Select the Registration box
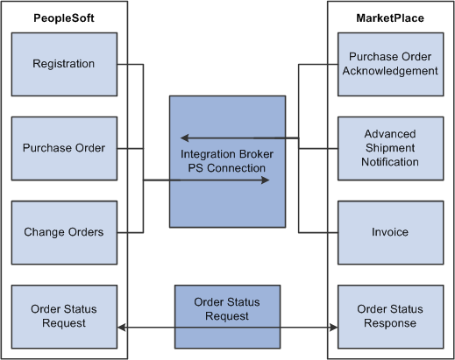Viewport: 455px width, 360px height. (x=63, y=64)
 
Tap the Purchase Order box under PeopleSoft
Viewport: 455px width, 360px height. (x=63, y=148)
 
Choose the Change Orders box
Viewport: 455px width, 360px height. (x=63, y=232)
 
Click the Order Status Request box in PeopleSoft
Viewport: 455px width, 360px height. (x=63, y=316)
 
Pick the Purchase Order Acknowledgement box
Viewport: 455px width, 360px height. (x=391, y=64)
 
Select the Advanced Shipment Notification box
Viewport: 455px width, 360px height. (x=391, y=148)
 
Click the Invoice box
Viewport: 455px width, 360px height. (x=391, y=232)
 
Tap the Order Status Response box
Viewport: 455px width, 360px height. (x=391, y=316)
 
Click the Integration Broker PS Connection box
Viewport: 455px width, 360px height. (x=227, y=161)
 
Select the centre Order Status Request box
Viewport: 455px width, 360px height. (x=227, y=309)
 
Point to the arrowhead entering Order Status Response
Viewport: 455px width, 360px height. (x=333, y=329)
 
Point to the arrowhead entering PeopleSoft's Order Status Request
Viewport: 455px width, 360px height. (x=121, y=329)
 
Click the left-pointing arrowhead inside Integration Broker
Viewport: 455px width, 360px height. (x=184, y=138)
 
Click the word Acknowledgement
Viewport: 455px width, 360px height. (x=391, y=71)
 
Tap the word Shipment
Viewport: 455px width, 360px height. (x=391, y=148)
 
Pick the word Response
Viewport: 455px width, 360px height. (x=391, y=323)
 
